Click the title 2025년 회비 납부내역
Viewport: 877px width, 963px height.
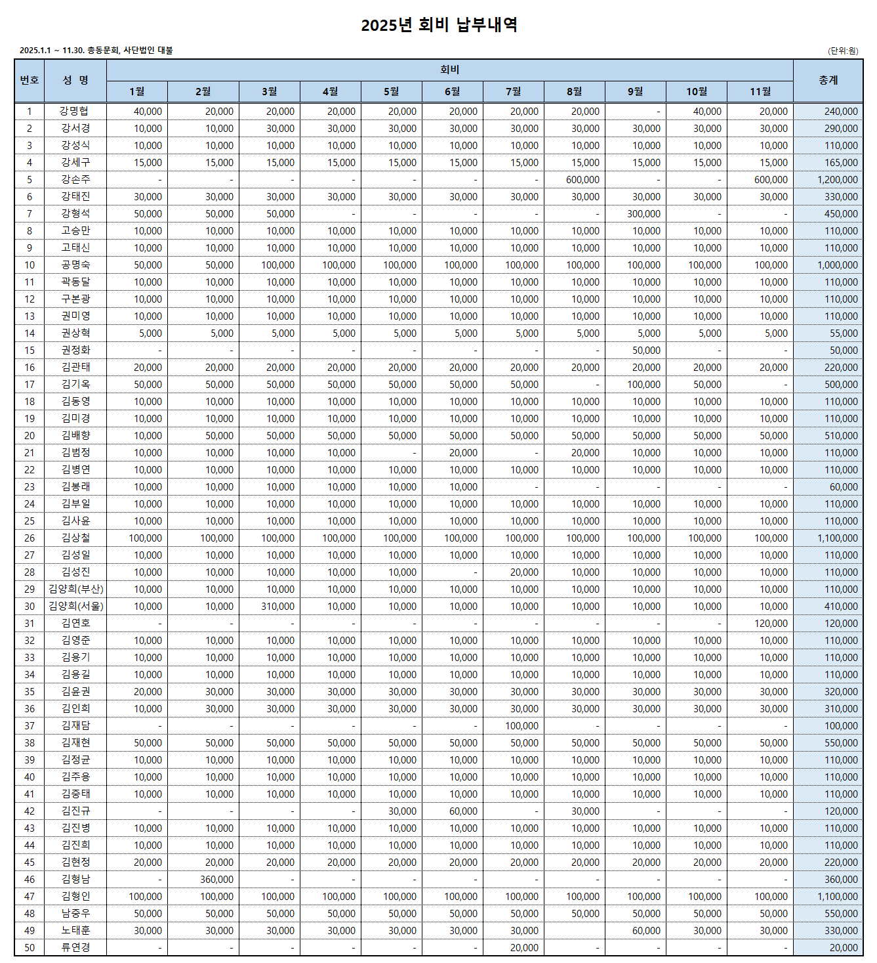click(439, 25)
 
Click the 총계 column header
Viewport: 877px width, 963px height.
click(828, 80)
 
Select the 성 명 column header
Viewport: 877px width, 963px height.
click(75, 80)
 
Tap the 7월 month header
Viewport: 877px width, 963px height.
click(513, 91)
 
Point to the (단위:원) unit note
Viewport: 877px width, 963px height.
click(843, 51)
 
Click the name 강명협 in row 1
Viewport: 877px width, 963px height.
click(75, 112)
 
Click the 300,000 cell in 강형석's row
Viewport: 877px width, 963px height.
click(643, 214)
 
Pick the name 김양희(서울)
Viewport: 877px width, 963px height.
click(75, 607)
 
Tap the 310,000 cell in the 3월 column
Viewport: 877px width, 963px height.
click(277, 607)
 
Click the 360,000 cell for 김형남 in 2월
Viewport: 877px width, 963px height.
click(216, 880)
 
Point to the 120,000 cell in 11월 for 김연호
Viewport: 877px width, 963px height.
click(771, 624)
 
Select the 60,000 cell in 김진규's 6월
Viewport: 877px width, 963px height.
click(463, 811)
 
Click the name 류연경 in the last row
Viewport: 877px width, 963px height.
click(75, 948)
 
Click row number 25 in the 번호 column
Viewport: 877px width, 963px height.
click(30, 521)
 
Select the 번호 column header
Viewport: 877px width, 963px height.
click(30, 80)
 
